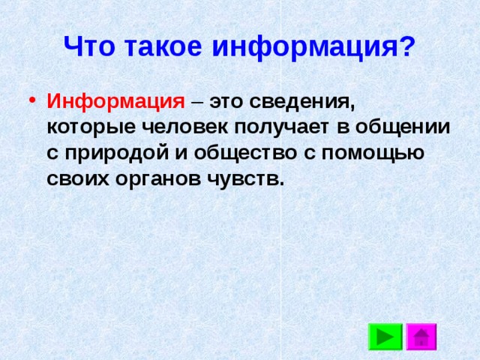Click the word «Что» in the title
click(x=89, y=46)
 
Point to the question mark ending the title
click(x=406, y=46)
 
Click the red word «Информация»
click(x=116, y=101)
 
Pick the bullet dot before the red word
click(x=32, y=100)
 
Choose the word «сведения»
click(x=302, y=103)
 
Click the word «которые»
click(x=91, y=127)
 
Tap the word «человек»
click(x=185, y=127)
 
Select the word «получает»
click(x=282, y=128)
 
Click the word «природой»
click(x=117, y=152)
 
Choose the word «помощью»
click(x=373, y=153)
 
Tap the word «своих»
click(x=78, y=179)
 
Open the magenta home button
click(x=421, y=337)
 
